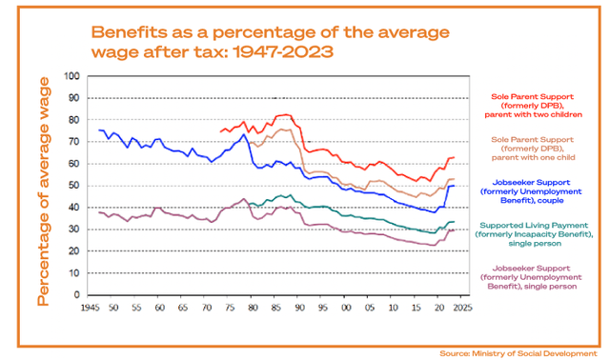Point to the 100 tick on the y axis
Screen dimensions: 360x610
(x=71, y=76)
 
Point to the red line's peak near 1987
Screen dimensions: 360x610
(x=282, y=114)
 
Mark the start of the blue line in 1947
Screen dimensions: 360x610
(x=99, y=130)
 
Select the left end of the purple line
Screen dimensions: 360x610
(x=99, y=212)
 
